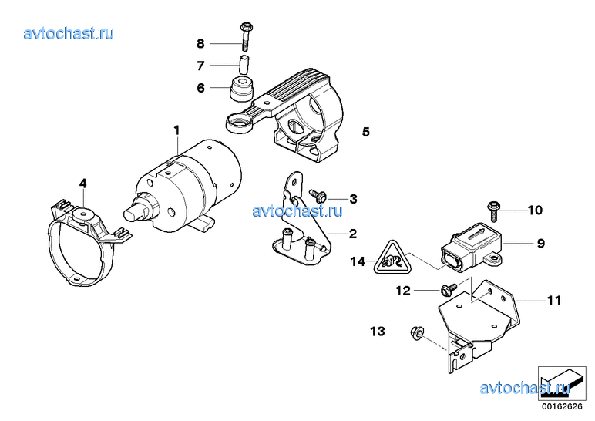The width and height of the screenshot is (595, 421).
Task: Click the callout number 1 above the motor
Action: pos(176,130)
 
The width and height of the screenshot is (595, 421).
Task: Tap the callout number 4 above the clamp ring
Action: pos(82,184)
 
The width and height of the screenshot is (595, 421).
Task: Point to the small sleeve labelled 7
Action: pos(244,65)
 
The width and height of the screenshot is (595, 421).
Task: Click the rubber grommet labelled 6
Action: pos(240,89)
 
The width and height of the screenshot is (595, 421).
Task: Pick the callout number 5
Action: pos(366,132)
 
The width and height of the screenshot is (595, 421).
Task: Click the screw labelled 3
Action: pos(318,196)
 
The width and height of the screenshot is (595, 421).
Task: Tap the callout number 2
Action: pos(353,234)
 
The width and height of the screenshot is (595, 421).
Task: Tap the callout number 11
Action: pos(554,301)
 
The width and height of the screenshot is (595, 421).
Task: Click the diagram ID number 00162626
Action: pos(562,406)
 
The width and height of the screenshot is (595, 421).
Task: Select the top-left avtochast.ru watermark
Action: pos(69,33)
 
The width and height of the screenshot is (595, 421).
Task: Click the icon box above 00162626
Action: pos(562,383)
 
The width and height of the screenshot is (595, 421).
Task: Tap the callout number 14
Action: pos(358,261)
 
